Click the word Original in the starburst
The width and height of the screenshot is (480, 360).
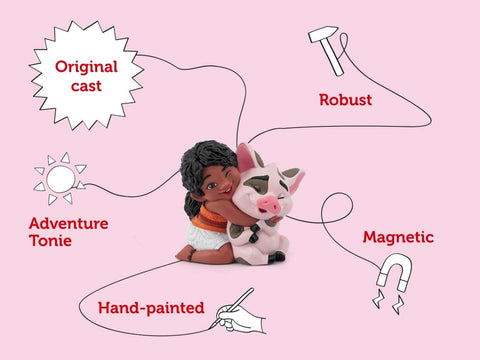click(86, 67)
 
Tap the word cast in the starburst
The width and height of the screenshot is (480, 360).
click(86, 86)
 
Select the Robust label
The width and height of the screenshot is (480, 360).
click(346, 100)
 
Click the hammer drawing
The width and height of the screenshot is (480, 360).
click(327, 50)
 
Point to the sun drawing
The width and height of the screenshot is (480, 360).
click(60, 179)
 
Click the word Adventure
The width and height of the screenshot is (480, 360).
click(69, 223)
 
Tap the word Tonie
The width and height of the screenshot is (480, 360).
click(50, 240)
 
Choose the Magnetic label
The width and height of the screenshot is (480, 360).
click(398, 237)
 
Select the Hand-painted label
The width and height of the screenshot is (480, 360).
click(151, 308)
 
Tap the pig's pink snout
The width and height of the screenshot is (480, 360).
click(269, 204)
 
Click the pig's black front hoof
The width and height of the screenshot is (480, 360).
click(254, 233)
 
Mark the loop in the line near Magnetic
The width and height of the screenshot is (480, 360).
click(337, 208)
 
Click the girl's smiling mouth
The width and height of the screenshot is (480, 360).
click(227, 192)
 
